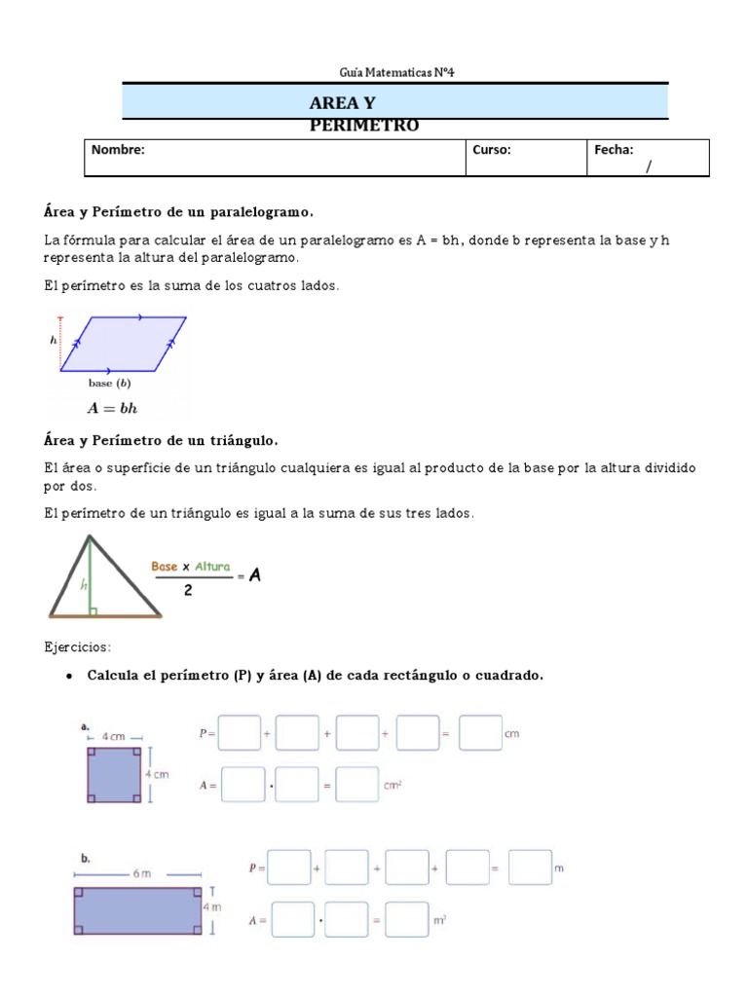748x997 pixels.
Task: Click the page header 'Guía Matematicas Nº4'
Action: pyautogui.click(x=395, y=72)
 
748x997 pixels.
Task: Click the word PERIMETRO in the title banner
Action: pyautogui.click(x=363, y=126)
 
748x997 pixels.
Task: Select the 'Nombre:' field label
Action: pyautogui.click(x=118, y=150)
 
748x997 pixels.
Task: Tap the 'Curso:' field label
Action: pyautogui.click(x=492, y=150)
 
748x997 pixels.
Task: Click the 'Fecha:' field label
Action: pyautogui.click(x=614, y=150)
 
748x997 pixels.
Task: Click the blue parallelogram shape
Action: pyautogui.click(x=123, y=344)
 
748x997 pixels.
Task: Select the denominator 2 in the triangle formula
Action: pyautogui.click(x=187, y=589)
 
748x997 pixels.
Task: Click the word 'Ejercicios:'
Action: pyautogui.click(x=78, y=646)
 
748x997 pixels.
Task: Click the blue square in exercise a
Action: pyautogui.click(x=114, y=774)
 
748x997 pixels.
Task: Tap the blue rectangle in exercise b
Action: pyautogui.click(x=137, y=911)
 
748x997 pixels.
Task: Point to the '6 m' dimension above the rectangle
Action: pyautogui.click(x=142, y=874)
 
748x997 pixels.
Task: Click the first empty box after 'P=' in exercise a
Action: pyautogui.click(x=240, y=733)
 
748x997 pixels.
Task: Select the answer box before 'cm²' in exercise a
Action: pyautogui.click(x=356, y=785)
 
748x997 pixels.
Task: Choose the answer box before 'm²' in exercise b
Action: pyautogui.click(x=407, y=919)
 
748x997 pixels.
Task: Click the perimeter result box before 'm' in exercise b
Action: pyautogui.click(x=530, y=868)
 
